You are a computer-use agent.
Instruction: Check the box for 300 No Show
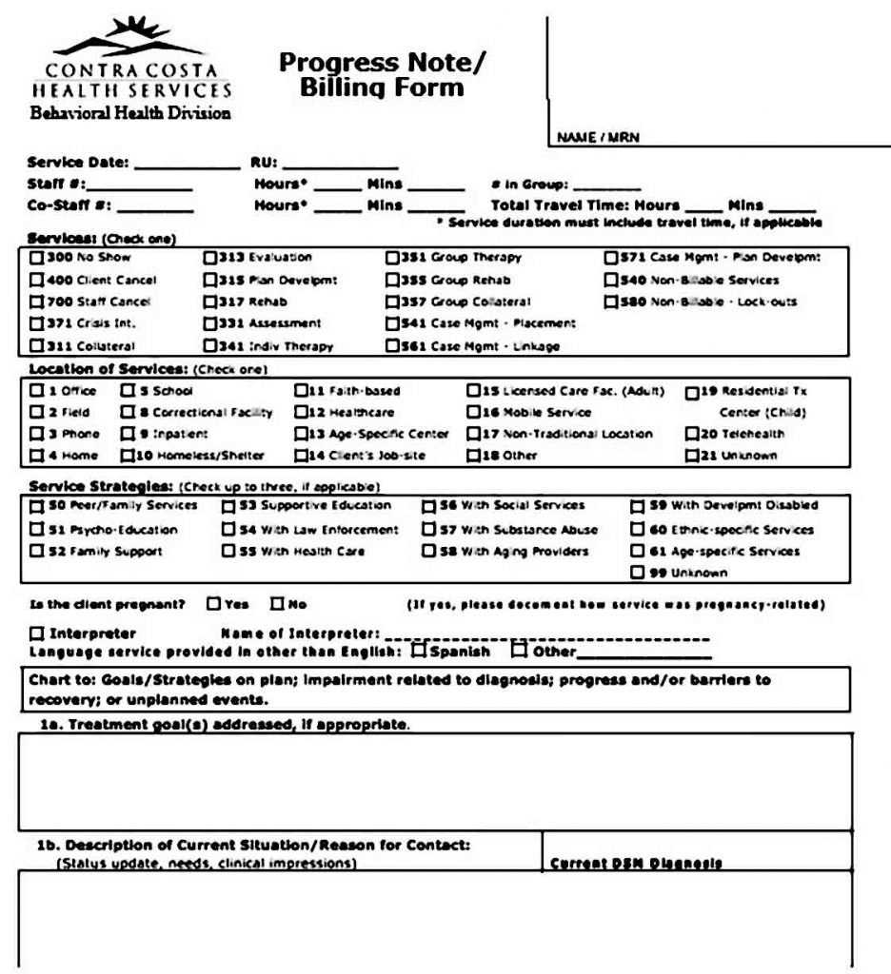pyautogui.click(x=36, y=257)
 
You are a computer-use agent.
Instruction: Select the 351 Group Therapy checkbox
pyautogui.click(x=392, y=257)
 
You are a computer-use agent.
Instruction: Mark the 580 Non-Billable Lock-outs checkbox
pyautogui.click(x=611, y=302)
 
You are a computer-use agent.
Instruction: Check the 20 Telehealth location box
pyautogui.click(x=692, y=433)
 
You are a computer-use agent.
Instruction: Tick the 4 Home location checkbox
pyautogui.click(x=36, y=455)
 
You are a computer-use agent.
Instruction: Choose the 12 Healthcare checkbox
pyautogui.click(x=300, y=412)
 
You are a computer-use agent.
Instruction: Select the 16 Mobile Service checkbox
pyautogui.click(x=473, y=412)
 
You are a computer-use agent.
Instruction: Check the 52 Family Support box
pyautogui.click(x=36, y=551)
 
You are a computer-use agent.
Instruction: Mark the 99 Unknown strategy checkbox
pyautogui.click(x=638, y=573)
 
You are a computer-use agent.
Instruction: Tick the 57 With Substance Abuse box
pyautogui.click(x=429, y=529)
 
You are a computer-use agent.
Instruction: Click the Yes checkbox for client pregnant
pyautogui.click(x=213, y=603)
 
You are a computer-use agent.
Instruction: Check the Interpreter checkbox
pyautogui.click(x=36, y=633)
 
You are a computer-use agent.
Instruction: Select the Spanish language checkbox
pyautogui.click(x=419, y=652)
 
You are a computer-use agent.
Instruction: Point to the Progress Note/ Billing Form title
pyautogui.click(x=382, y=75)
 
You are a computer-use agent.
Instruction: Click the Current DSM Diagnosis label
pyautogui.click(x=635, y=864)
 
